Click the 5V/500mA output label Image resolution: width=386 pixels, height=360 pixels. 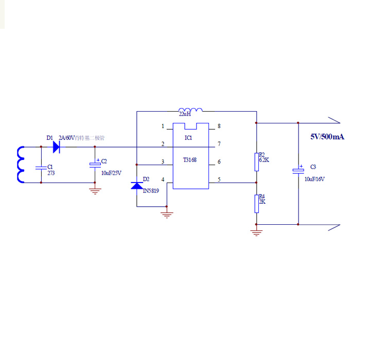coord(327,137)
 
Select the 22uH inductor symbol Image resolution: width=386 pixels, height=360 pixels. coord(190,110)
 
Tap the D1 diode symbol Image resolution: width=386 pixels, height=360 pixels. coord(57,147)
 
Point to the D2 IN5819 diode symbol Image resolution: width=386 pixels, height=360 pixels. coord(136,186)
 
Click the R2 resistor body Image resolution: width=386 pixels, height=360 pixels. coord(256,162)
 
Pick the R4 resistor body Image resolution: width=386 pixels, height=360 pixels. coord(256,204)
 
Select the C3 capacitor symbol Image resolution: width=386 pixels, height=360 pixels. coord(298,170)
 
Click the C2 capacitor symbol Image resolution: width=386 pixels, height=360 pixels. coord(95,165)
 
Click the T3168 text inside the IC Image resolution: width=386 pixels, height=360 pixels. coord(189,160)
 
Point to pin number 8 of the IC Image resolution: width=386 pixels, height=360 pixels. coord(219,126)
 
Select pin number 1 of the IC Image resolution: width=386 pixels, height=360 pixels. coord(163,126)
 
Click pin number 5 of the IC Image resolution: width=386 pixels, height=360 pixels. coord(219,179)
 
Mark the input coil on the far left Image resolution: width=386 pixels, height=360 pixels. coord(21,165)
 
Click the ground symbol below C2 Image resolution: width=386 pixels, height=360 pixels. coord(95,191)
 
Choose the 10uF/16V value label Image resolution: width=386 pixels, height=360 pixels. coord(314,179)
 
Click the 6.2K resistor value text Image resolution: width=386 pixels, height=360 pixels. coord(264,160)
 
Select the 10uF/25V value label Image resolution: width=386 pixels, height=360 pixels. coord(111,173)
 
